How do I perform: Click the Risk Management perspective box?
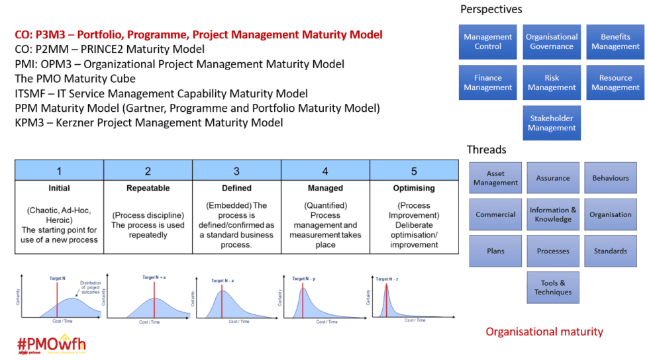(552, 83)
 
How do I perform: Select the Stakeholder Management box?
(552, 123)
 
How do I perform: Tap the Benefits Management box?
(615, 42)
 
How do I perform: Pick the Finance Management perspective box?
(488, 83)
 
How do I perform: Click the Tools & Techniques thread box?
(553, 287)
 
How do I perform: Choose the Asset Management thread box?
(495, 178)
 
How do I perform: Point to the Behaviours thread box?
(611, 178)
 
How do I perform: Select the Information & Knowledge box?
(553, 214)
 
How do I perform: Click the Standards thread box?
(611, 251)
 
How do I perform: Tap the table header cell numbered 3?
(236, 171)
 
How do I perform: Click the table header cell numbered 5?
(414, 171)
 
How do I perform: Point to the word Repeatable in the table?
(148, 188)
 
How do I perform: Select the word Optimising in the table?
(414, 188)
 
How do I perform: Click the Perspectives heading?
(491, 9)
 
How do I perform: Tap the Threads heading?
(486, 150)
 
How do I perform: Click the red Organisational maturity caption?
(544, 332)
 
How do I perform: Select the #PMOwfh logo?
(51, 345)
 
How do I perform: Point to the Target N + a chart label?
(154, 277)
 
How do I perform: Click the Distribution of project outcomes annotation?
(91, 287)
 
